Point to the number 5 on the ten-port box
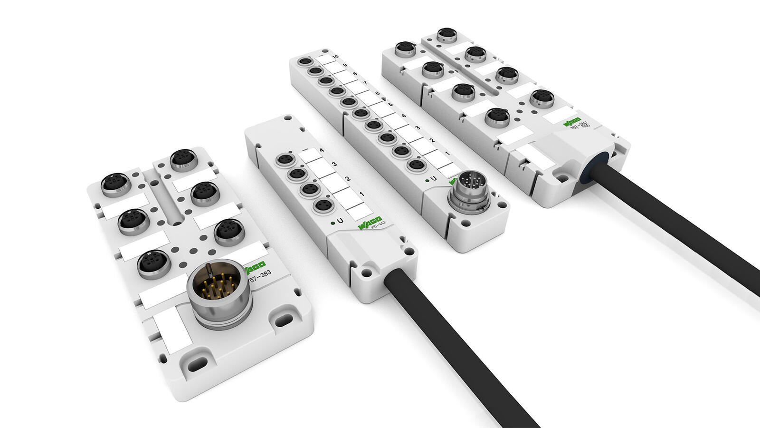coord(390,104)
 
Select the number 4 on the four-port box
coord(322,151)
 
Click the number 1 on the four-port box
coord(361,194)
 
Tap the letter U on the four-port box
coord(339,221)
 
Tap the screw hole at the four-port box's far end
coord(288,116)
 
